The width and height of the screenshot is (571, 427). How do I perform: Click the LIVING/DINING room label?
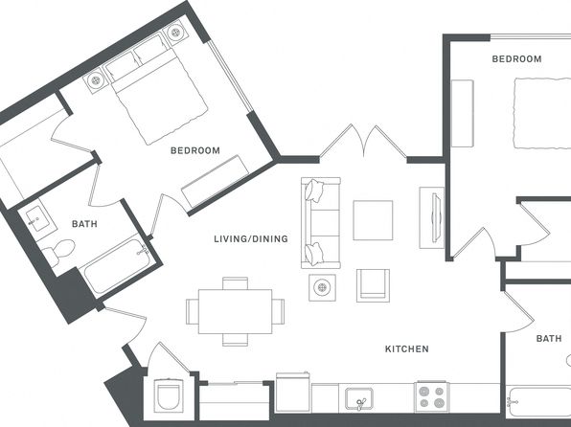point(251,238)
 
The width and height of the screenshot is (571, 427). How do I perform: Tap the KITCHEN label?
point(407,349)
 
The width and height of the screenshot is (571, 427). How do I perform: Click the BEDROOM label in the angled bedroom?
point(195,150)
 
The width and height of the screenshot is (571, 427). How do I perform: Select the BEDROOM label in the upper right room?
point(516,59)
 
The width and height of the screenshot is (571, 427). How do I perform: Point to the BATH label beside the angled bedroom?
point(84,224)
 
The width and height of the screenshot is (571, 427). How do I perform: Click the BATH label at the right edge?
point(549,339)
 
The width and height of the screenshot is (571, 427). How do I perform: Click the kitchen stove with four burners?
point(431,396)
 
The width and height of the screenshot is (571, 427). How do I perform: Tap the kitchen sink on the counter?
point(359,399)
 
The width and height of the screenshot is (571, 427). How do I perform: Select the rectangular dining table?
point(236,311)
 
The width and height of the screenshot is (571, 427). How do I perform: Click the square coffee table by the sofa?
point(373,220)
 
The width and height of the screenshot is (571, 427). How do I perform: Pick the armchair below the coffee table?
point(373,285)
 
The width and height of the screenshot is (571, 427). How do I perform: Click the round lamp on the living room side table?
point(322,287)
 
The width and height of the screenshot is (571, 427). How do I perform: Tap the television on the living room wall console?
point(436,218)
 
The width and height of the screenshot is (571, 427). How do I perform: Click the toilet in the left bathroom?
point(58,252)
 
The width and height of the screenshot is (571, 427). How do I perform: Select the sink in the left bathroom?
point(37,218)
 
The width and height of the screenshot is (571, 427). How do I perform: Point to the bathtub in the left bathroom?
point(117,266)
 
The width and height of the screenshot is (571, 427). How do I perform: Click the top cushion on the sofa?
point(314,191)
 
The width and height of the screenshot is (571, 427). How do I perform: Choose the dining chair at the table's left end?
point(193,311)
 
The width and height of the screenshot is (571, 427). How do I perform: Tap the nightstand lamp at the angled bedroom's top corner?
point(175,33)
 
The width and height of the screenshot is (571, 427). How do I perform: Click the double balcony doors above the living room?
point(363,142)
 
